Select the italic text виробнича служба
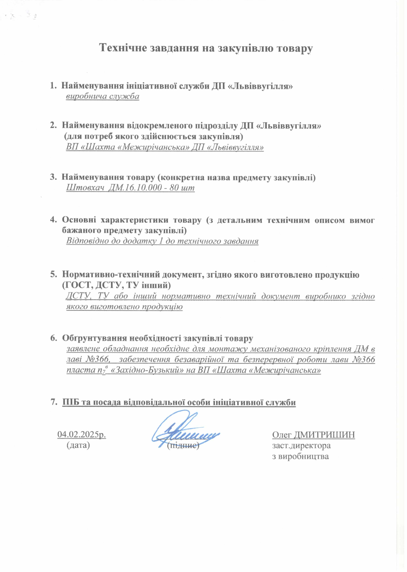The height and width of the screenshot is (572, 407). pyautogui.click(x=102, y=96)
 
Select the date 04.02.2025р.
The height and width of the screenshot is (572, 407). pyautogui.click(x=82, y=435)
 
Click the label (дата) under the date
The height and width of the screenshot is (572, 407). pyautogui.click(x=78, y=445)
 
